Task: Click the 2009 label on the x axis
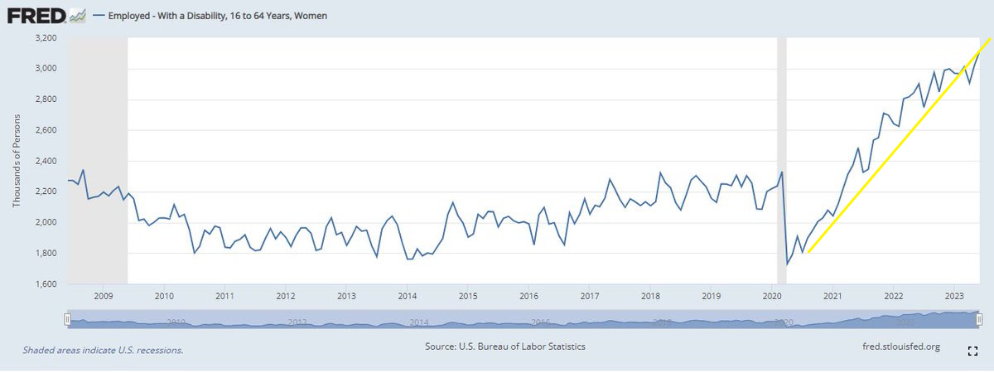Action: pyautogui.click(x=104, y=296)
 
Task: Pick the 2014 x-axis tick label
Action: pyautogui.click(x=407, y=296)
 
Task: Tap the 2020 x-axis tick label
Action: pyautogui.click(x=771, y=296)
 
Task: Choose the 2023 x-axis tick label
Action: pyautogui.click(x=954, y=296)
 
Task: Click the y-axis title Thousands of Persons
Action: pyautogui.click(x=16, y=161)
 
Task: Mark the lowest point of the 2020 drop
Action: pyautogui.click(x=788, y=264)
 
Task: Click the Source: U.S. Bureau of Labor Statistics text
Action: pyautogui.click(x=505, y=346)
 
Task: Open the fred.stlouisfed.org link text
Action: pyautogui.click(x=901, y=346)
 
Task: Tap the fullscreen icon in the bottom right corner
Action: pyautogui.click(x=973, y=351)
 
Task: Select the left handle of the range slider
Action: pyautogui.click(x=68, y=319)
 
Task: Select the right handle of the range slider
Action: pyautogui.click(x=979, y=319)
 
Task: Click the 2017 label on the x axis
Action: pyautogui.click(x=590, y=296)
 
